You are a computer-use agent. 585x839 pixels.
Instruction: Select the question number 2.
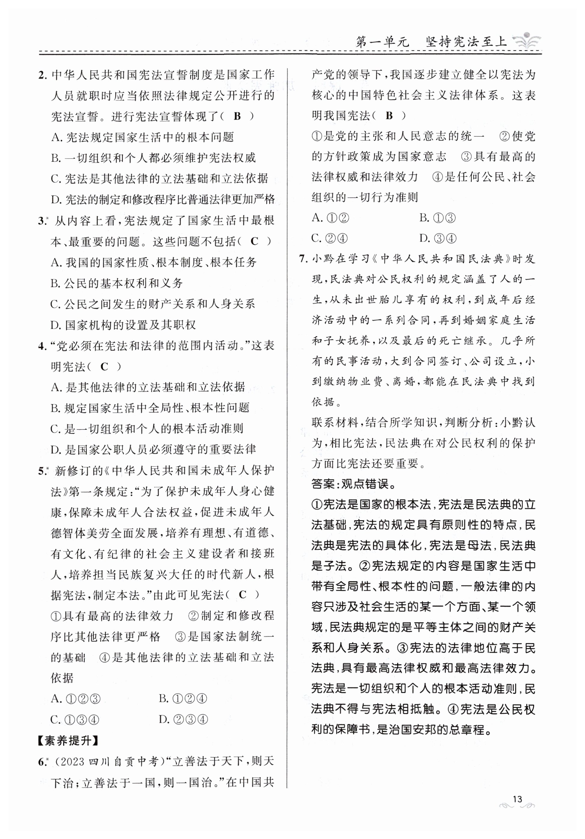click(x=42, y=75)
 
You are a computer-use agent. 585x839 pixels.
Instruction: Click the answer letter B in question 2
click(x=237, y=116)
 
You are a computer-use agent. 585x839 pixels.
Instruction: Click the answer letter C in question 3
click(x=254, y=241)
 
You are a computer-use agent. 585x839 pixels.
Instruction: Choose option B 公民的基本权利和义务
click(x=116, y=283)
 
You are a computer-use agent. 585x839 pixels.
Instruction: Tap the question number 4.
click(x=42, y=346)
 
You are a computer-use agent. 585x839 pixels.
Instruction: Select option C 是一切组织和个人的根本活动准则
click(x=147, y=429)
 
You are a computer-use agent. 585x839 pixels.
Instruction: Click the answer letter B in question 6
click(x=389, y=116)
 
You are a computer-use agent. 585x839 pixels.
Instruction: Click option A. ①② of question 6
click(x=330, y=218)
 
